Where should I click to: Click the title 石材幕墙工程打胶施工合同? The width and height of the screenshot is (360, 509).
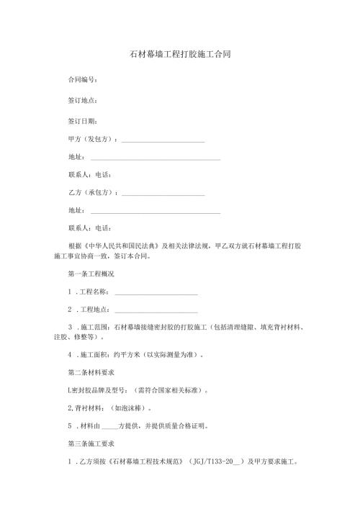coord(180,54)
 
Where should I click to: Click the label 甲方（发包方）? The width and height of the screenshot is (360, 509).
coord(91,138)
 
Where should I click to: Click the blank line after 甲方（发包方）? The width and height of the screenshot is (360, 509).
coord(163,140)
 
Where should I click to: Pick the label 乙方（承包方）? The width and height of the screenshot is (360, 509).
coord(91,193)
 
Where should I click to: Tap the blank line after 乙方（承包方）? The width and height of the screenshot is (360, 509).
coord(163,194)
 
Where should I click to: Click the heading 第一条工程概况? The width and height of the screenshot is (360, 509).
coord(91,274)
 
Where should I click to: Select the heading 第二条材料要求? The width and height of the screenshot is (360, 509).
coord(91,372)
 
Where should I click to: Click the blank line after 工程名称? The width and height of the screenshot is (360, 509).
coord(156,293)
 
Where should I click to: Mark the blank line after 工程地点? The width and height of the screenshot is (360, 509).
coord(156,311)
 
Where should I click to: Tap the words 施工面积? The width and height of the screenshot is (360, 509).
coord(92,354)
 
